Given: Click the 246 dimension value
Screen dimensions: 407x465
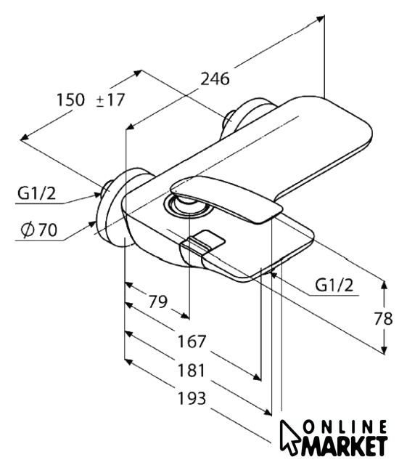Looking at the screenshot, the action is [x=215, y=79].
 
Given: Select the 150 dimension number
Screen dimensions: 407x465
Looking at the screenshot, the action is [x=70, y=100].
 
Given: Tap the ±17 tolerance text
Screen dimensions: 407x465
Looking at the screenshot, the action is [x=110, y=100].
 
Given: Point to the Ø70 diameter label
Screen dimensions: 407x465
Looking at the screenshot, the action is [x=38, y=230].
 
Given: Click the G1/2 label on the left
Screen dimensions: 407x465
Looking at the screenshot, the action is [x=36, y=193].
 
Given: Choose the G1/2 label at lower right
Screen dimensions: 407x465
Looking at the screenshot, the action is [x=334, y=286].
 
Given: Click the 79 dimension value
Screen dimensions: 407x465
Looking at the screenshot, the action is [x=157, y=302].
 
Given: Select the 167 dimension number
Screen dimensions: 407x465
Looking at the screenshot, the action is [x=192, y=341].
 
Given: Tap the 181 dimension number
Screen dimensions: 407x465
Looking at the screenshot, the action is [x=191, y=371].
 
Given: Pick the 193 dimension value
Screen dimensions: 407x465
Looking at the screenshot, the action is [x=192, y=398].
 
